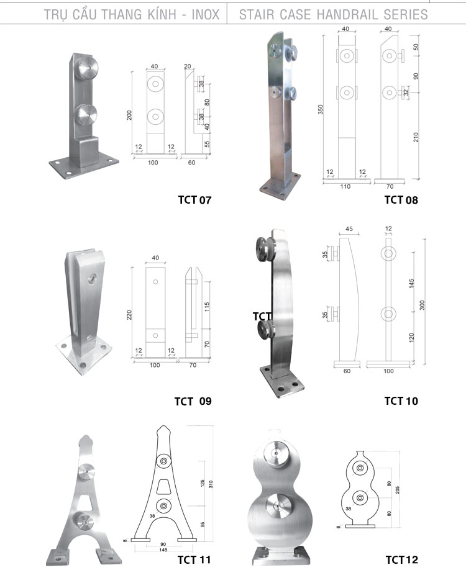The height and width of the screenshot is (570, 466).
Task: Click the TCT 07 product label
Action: pos(194,200)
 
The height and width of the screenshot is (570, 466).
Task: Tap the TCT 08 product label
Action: pos(401,200)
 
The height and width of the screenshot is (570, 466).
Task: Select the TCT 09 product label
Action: pos(193,401)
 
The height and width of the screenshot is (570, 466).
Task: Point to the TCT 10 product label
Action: pos(401,401)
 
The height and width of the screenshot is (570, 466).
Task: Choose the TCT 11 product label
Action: pos(194,559)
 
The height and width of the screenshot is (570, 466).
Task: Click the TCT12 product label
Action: pos(401,559)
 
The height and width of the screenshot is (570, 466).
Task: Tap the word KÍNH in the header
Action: pos(162,14)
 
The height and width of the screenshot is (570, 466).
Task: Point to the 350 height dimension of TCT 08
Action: pos(321,109)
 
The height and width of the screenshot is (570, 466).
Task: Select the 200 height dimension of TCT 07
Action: pos(129,115)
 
